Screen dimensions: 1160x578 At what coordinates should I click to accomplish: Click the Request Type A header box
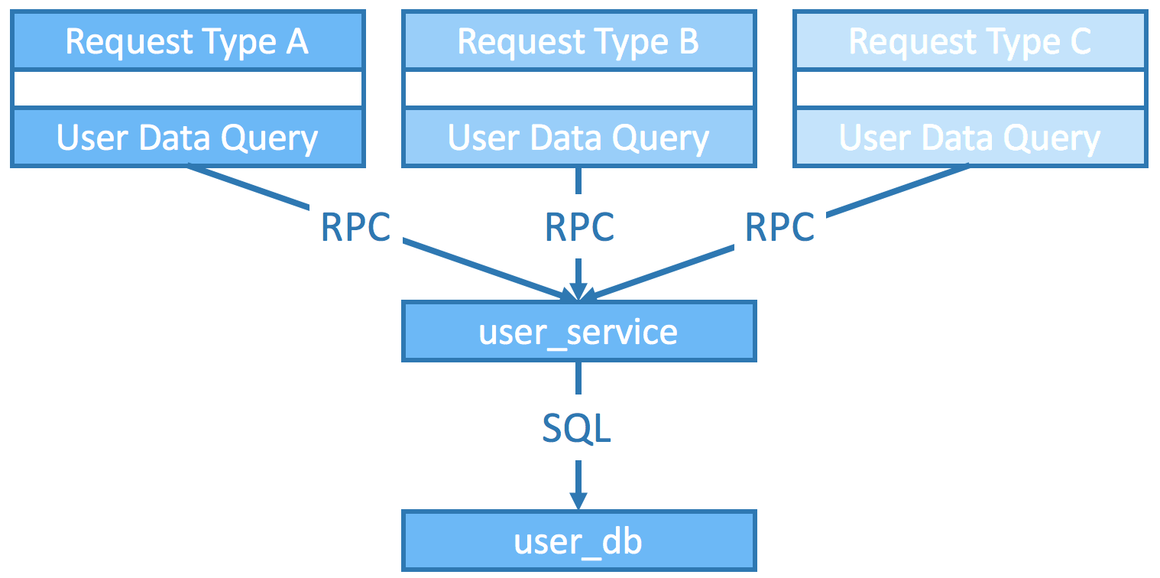[188, 41]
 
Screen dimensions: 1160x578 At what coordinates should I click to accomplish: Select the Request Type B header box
[579, 41]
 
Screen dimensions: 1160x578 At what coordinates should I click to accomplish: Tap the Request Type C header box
[970, 41]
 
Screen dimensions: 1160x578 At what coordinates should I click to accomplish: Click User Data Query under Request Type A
[188, 138]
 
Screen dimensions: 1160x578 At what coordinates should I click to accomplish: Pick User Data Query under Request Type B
[579, 138]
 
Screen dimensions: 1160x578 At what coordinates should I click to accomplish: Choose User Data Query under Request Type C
[970, 138]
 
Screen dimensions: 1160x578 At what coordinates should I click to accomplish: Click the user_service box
[579, 332]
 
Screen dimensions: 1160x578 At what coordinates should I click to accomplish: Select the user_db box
[579, 541]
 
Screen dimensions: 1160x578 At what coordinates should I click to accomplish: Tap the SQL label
[577, 428]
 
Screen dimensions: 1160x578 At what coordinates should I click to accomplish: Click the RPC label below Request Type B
[579, 227]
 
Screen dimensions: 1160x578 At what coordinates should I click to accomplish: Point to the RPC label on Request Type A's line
[356, 227]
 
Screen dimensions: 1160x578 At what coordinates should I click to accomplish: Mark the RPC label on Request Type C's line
[780, 227]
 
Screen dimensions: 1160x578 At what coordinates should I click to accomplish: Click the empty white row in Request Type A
[188, 89]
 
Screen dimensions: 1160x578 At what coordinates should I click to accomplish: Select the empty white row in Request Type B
[579, 89]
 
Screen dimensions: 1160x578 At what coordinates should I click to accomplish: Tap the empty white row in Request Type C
[970, 89]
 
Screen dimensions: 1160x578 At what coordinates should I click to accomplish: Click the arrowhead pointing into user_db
[578, 501]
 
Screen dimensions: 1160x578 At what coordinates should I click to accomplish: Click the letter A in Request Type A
[297, 41]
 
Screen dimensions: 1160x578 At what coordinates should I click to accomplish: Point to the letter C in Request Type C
[1081, 41]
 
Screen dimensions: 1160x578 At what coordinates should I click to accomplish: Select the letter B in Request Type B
[689, 41]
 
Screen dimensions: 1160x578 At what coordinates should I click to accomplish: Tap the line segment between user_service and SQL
[578, 378]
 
